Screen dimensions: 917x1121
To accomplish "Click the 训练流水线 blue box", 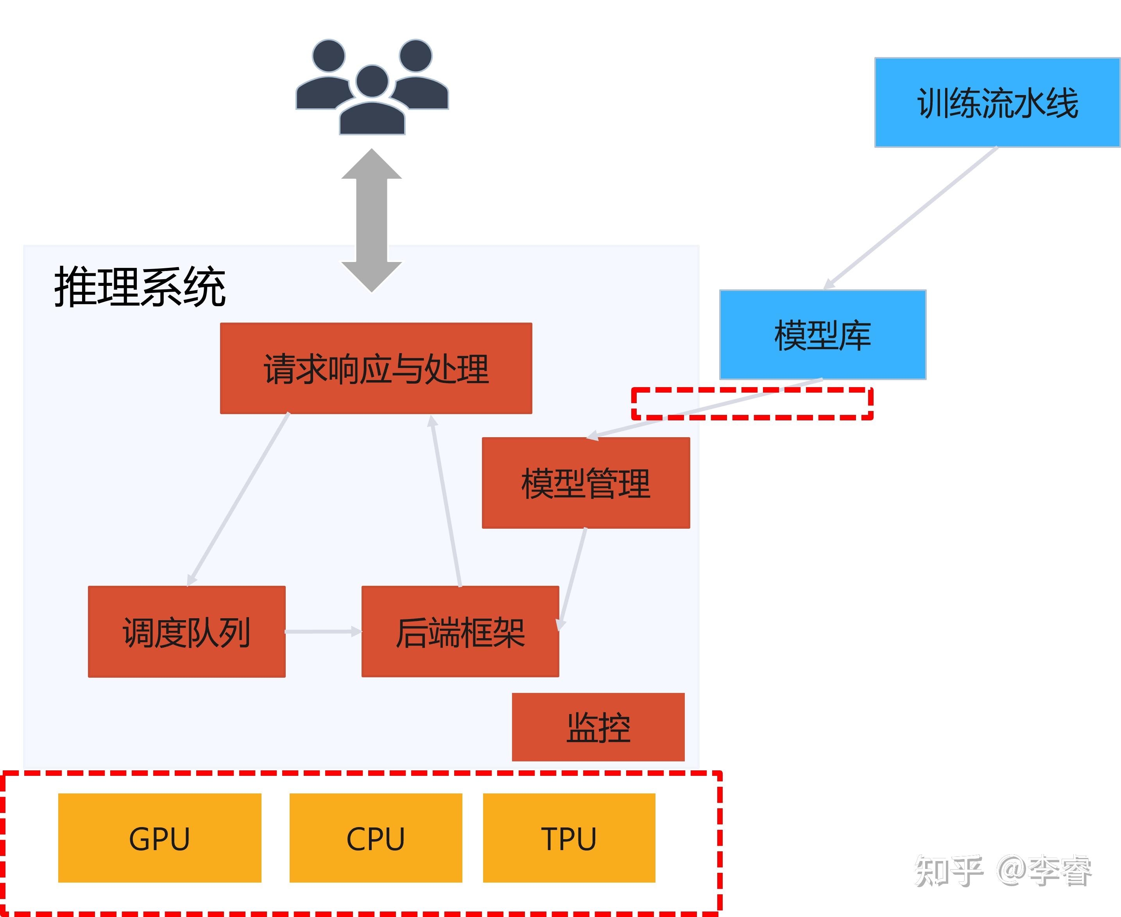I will coord(997,102).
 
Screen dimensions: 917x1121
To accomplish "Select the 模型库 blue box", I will coord(822,335).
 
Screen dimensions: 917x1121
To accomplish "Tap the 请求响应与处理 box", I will coord(376,368).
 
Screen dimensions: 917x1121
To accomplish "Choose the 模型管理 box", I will coord(586,483).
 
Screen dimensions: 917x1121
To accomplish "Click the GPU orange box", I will coord(159,838).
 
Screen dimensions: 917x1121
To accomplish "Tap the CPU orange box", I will coord(376,838).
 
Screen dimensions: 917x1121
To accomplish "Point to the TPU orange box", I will coord(569,838).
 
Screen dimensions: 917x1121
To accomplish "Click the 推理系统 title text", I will coord(140,287).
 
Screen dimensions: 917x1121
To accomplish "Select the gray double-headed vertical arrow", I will coord(372,220).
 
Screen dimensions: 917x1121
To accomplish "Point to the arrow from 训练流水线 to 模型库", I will coord(911,218).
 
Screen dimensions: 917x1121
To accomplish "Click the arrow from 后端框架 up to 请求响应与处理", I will coord(446,501).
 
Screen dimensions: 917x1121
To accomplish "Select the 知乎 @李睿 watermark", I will coord(1002,870).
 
